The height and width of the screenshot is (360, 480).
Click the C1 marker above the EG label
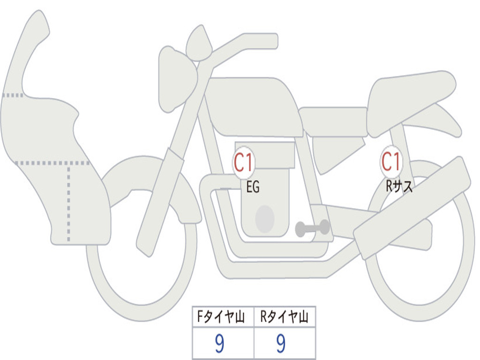pyautogui.click(x=244, y=163)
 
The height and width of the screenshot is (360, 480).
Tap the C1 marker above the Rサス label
pyautogui.click(x=391, y=161)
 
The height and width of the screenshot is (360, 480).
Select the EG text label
pyautogui.click(x=253, y=187)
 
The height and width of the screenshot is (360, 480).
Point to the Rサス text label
pyautogui.click(x=399, y=186)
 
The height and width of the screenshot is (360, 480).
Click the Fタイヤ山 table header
pyautogui.click(x=221, y=316)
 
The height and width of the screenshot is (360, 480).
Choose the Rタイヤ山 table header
pyautogui.click(x=284, y=316)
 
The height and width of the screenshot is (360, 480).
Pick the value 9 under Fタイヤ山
pyautogui.click(x=219, y=344)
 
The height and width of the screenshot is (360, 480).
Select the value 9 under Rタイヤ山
pyautogui.click(x=281, y=344)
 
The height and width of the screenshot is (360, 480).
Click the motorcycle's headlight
pyautogui.click(x=178, y=79)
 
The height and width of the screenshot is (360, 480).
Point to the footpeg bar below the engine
pyautogui.click(x=312, y=228)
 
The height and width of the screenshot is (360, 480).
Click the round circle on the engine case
pyautogui.click(x=265, y=219)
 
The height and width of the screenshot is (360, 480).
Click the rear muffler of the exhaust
pyautogui.click(x=412, y=208)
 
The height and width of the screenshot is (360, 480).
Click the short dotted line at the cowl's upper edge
pyautogui.click(x=13, y=95)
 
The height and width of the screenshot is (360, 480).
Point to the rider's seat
pyautogui.click(x=333, y=121)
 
